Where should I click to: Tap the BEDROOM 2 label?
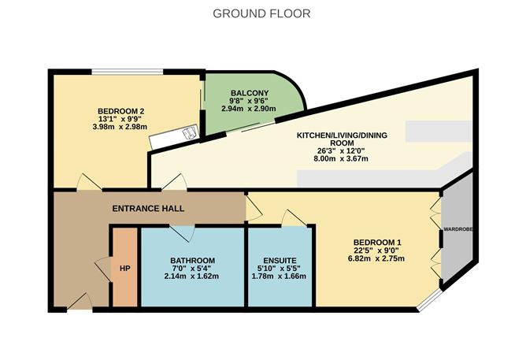(x=123, y=110)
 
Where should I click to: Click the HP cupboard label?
(x=124, y=268)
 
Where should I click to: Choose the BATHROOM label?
(x=192, y=261)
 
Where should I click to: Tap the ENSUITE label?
(x=280, y=261)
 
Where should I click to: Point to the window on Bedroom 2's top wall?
(x=127, y=71)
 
